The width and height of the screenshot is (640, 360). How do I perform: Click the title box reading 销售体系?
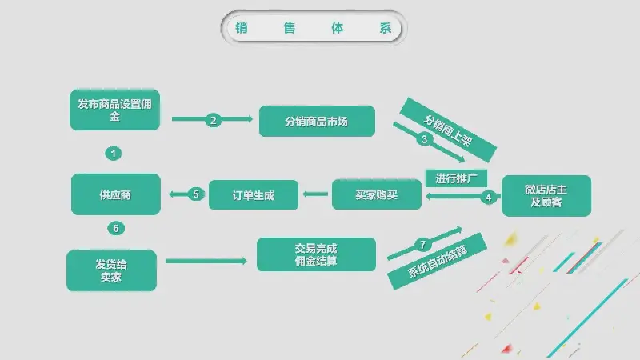[314, 28]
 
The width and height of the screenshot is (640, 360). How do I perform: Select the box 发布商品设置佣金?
[114, 110]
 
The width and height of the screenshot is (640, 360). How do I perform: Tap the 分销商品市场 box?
[317, 122]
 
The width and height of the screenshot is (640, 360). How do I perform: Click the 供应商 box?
[115, 194]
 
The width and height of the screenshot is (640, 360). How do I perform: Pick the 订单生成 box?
[254, 195]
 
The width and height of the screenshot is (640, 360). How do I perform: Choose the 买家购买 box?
[376, 194]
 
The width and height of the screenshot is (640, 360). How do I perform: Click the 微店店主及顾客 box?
[546, 195]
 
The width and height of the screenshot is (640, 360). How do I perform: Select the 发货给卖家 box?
[111, 270]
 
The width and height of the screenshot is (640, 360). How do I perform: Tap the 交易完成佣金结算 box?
[316, 254]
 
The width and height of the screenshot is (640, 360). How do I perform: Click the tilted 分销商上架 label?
[448, 130]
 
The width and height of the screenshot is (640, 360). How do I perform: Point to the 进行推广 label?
[456, 178]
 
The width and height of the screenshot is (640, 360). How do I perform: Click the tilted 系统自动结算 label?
[437, 262]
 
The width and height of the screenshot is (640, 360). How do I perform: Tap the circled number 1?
[113, 154]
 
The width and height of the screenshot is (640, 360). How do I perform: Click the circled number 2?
[213, 120]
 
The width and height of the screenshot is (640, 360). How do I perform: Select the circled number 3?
[424, 139]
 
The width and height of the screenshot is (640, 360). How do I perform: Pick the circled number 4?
[488, 198]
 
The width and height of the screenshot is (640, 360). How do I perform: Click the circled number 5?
[196, 194]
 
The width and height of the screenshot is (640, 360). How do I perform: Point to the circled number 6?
[116, 228]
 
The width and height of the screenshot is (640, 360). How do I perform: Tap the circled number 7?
[423, 245]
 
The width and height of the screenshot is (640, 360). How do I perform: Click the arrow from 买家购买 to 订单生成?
[315, 194]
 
